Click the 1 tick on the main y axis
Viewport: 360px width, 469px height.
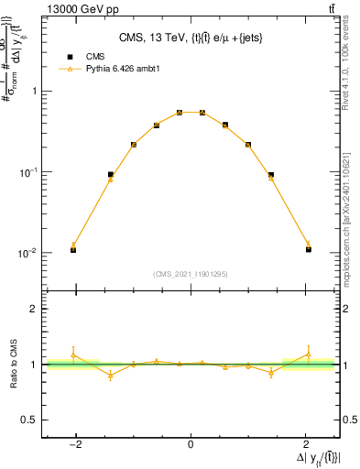pyautogui.click(x=34, y=91)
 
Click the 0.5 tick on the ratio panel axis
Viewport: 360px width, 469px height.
pyautogui.click(x=29, y=420)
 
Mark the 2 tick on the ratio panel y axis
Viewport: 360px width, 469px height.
pyautogui.click(x=34, y=309)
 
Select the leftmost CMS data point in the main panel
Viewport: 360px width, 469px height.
pyautogui.click(x=73, y=249)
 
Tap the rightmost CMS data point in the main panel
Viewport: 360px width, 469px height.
pyautogui.click(x=309, y=249)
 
